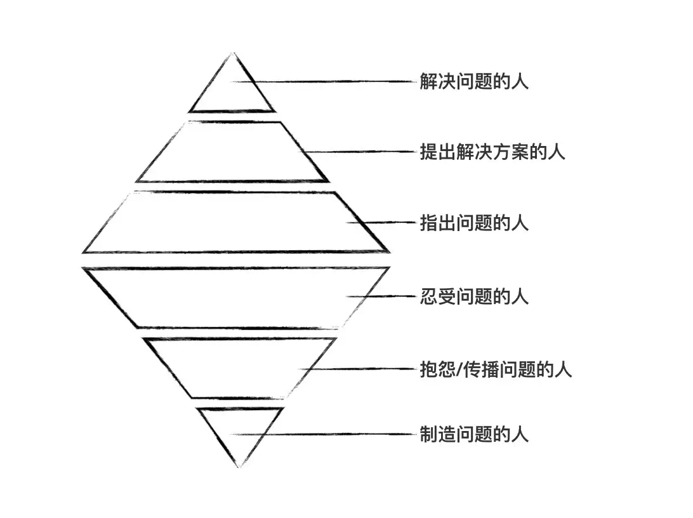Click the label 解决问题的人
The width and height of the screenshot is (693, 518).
click(474, 82)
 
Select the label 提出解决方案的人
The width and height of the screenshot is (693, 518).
click(492, 153)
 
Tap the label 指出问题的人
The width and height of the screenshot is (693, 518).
click(474, 223)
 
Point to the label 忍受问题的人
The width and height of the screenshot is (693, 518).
click(474, 296)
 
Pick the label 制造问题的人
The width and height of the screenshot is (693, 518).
click(474, 435)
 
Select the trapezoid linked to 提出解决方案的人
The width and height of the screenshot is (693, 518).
click(232, 152)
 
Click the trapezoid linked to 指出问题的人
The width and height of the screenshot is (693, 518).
click(235, 222)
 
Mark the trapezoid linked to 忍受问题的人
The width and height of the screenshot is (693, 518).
click(235, 297)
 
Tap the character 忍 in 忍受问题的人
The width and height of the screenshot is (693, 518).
click(428, 296)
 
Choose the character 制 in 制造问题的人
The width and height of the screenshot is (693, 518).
click(428, 435)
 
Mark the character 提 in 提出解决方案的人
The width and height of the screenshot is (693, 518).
click(428, 153)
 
